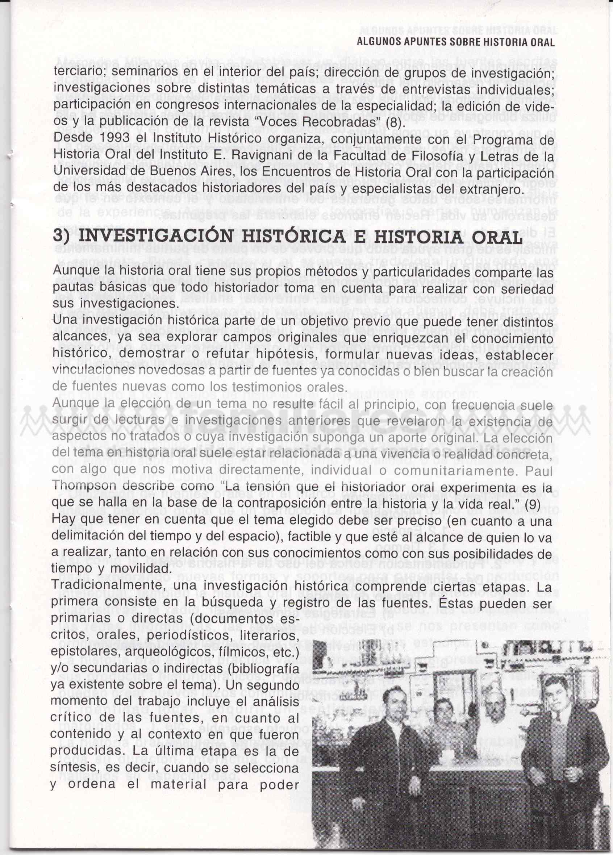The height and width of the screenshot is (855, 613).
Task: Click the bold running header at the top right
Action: [456, 42]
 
